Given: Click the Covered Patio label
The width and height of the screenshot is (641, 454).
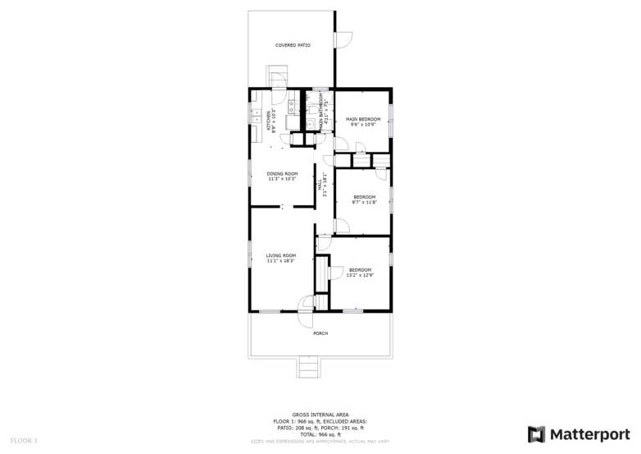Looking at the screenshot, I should tap(293, 45).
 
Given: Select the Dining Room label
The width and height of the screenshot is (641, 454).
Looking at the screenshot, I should tap(282, 173).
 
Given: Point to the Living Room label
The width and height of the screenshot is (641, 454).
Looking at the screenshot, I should tap(280, 256).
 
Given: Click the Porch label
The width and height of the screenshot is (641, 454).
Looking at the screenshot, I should tap(320, 333).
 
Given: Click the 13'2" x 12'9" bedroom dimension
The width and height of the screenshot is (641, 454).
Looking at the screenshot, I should tap(361, 275).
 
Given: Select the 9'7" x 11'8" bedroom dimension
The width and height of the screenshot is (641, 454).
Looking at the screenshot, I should tap(364, 202).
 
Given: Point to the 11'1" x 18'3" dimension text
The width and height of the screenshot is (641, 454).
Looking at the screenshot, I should tap(280, 261).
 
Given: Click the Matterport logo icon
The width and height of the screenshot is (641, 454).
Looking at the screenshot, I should tap(536, 433).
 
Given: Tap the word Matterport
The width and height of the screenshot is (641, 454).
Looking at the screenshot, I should tap(588, 433).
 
